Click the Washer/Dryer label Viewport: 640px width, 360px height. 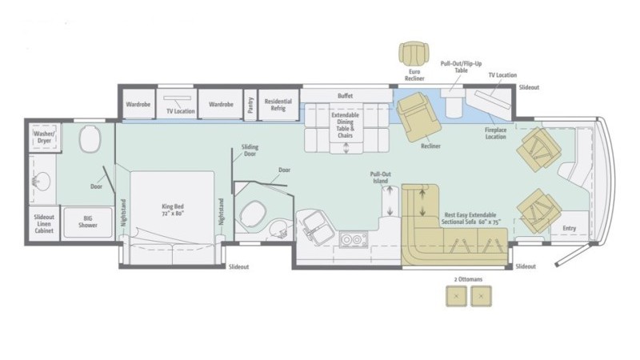click(x=43, y=137)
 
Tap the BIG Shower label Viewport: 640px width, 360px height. click(x=88, y=222)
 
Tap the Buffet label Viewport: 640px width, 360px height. click(x=346, y=95)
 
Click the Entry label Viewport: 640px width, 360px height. click(x=569, y=228)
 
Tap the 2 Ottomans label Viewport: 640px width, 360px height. click(x=466, y=280)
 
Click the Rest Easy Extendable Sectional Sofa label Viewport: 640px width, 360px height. click(x=469, y=219)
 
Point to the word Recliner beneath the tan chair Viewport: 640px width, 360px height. click(x=430, y=146)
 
